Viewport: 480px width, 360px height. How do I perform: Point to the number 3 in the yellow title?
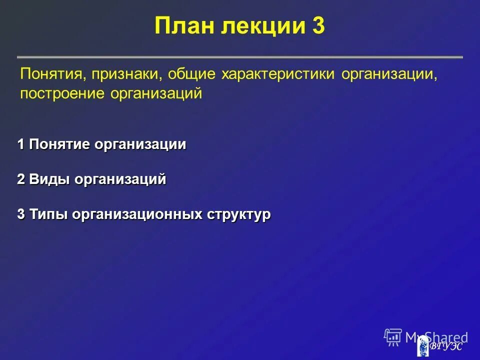pos(318,26)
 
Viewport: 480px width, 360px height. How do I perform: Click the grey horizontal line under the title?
pos(240,57)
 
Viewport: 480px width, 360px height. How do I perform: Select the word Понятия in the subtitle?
pos(48,75)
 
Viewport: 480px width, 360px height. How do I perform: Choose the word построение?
pos(62,93)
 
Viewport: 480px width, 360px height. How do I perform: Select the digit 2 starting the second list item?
pos(21,179)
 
